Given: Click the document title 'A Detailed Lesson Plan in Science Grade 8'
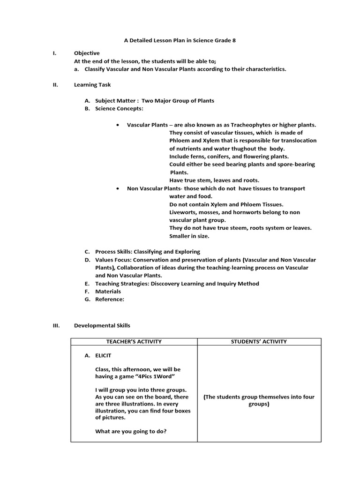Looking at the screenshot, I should click(180, 41).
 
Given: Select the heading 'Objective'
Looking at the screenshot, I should click(87, 53).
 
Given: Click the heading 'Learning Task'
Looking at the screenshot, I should click(92, 85).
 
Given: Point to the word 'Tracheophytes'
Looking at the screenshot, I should click(249, 125).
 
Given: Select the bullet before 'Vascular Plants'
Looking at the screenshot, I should click(117, 125).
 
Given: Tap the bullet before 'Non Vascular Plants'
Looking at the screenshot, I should click(117, 188).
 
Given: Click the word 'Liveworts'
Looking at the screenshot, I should click(183, 212).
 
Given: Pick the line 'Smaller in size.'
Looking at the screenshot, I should click(189, 236).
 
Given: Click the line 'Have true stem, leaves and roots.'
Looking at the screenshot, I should click(214, 180).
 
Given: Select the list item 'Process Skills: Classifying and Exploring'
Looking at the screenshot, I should click(147, 252).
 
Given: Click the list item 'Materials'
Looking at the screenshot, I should click(108, 292).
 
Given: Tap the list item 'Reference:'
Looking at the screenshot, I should click(110, 300).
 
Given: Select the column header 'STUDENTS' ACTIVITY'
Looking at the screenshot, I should click(259, 342).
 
